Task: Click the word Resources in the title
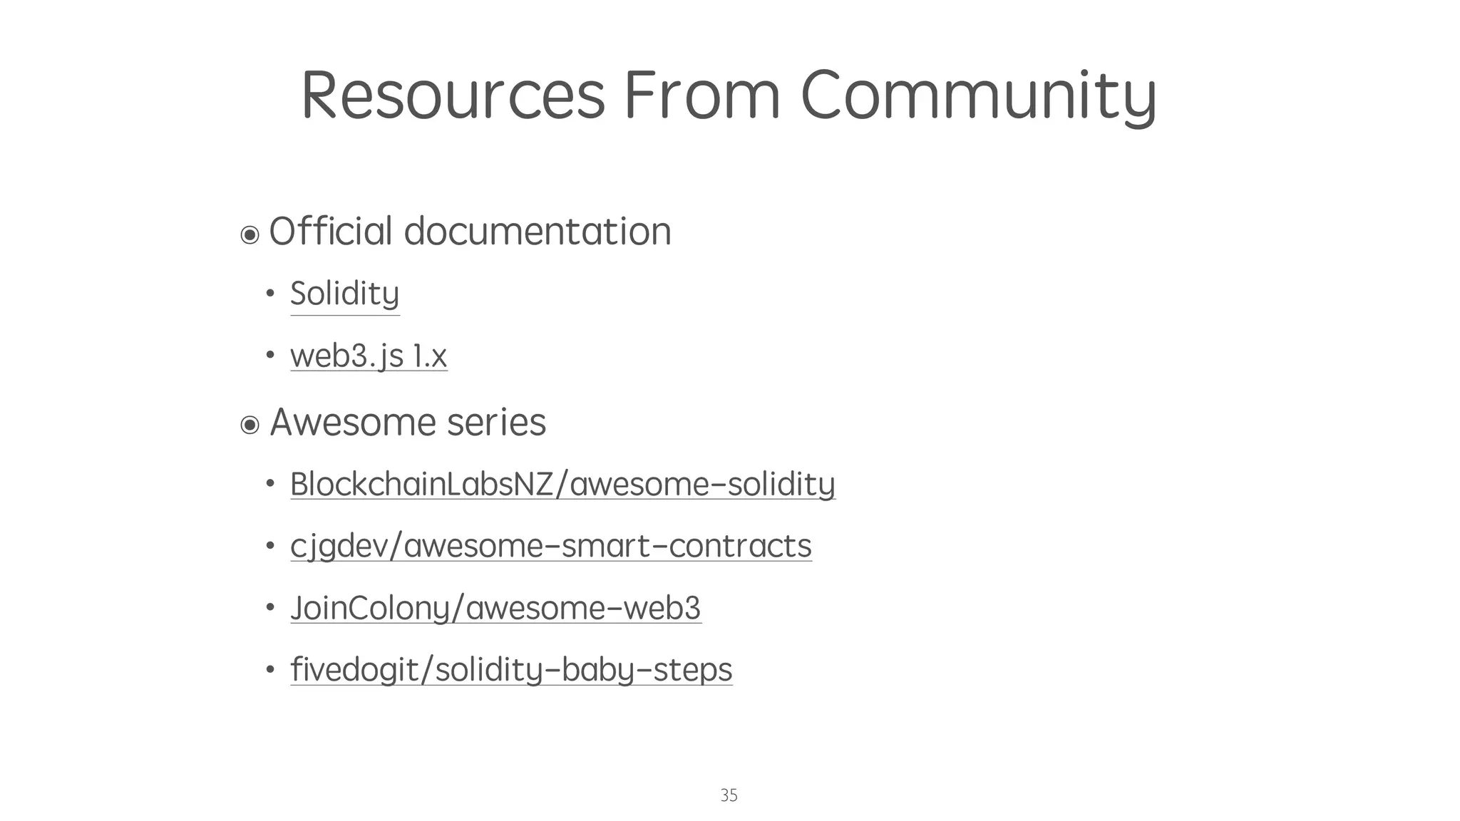(453, 95)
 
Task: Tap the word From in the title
(702, 95)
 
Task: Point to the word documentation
(538, 232)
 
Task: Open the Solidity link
(344, 294)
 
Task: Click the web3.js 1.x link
(369, 356)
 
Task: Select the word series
(496, 422)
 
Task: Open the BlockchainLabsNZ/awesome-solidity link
(562, 485)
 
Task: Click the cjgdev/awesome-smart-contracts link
(550, 547)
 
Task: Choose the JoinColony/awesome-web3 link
(495, 609)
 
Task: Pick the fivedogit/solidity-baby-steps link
(511, 670)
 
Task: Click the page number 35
(729, 795)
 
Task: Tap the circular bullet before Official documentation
(250, 234)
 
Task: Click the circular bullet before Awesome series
(250, 425)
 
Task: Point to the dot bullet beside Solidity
(270, 293)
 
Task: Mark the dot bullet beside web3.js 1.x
(270, 355)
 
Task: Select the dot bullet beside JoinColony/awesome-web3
(270, 608)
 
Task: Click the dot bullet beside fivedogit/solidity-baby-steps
(270, 670)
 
